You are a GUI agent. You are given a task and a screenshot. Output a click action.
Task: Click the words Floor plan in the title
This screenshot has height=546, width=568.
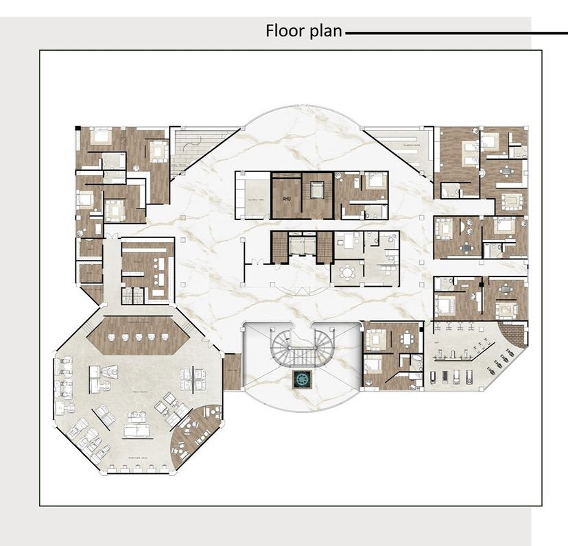(x=304, y=31)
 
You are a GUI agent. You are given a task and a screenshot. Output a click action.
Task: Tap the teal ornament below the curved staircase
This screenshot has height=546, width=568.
(x=302, y=378)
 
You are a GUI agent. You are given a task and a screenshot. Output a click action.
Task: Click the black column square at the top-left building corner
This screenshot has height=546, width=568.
(x=78, y=128)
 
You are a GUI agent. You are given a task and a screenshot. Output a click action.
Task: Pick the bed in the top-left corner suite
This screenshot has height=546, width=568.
(x=102, y=135)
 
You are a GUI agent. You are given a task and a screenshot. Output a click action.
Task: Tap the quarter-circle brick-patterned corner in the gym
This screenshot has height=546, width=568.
(x=514, y=337)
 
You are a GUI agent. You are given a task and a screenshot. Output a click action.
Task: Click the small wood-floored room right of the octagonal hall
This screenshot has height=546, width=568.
(x=233, y=371)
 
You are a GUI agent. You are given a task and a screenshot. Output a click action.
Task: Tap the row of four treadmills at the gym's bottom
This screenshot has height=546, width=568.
(x=449, y=377)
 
